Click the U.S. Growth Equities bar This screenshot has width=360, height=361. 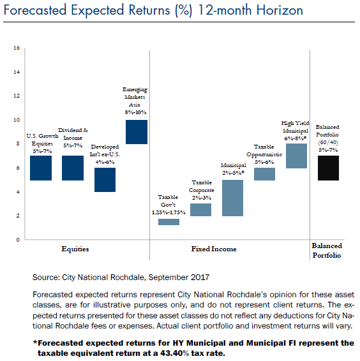pyautogui.click(x=41, y=168)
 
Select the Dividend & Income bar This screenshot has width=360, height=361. pyautogui.click(x=73, y=168)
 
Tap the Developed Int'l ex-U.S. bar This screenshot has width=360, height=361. pyautogui.click(x=105, y=180)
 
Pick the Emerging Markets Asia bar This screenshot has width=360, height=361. pyautogui.click(x=137, y=132)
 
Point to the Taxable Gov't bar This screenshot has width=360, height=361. pyautogui.click(x=169, y=222)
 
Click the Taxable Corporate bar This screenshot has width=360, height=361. pyautogui.click(x=200, y=210)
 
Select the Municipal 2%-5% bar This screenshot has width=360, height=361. pyautogui.click(x=232, y=198)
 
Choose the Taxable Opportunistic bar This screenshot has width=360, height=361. pyautogui.click(x=265, y=174)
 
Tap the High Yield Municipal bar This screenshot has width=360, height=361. pyautogui.click(x=296, y=156)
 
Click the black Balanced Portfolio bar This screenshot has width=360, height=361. pyautogui.click(x=329, y=168)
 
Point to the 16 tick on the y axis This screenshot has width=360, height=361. pyautogui.click(x=17, y=48)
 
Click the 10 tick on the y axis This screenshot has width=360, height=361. pyautogui.click(x=17, y=120)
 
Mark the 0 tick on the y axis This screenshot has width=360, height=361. pyautogui.click(x=18, y=240)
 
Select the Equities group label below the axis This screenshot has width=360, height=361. pyautogui.click(x=75, y=249)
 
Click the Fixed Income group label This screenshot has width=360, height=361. pyautogui.click(x=214, y=249)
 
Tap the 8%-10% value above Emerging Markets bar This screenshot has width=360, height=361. pyautogui.click(x=135, y=112)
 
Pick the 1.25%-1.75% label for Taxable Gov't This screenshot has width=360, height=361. pyautogui.click(x=169, y=212)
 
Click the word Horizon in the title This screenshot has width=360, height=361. pyautogui.click(x=280, y=10)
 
